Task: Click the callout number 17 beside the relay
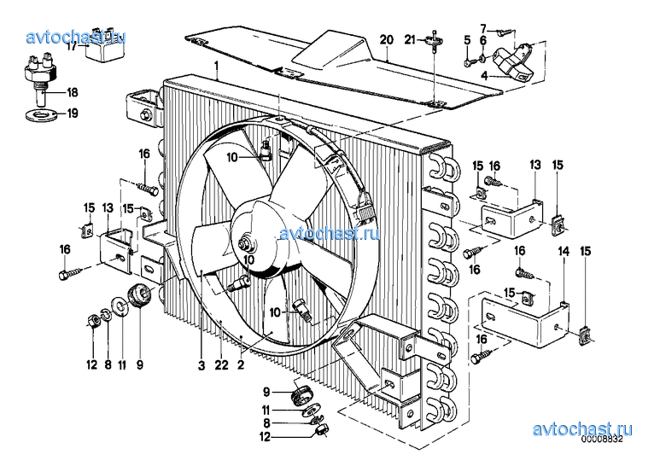pyautogui.click(x=72, y=46)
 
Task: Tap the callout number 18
pyautogui.click(x=73, y=92)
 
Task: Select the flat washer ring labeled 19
pyautogui.click(x=41, y=114)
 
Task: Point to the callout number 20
pyautogui.click(x=387, y=40)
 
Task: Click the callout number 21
pyautogui.click(x=410, y=39)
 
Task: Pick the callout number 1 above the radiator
pyautogui.click(x=216, y=66)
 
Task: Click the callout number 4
pyautogui.click(x=484, y=76)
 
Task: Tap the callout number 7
pyautogui.click(x=483, y=29)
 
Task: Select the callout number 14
pyautogui.click(x=564, y=252)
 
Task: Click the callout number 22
pyautogui.click(x=221, y=365)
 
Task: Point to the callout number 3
pyautogui.click(x=202, y=365)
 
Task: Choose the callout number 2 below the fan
pyautogui.click(x=241, y=365)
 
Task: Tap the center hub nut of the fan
pyautogui.click(x=243, y=243)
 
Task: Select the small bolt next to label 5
pyautogui.click(x=468, y=62)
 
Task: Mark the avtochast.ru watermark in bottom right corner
pyautogui.click(x=582, y=429)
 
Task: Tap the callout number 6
pyautogui.click(x=483, y=40)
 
